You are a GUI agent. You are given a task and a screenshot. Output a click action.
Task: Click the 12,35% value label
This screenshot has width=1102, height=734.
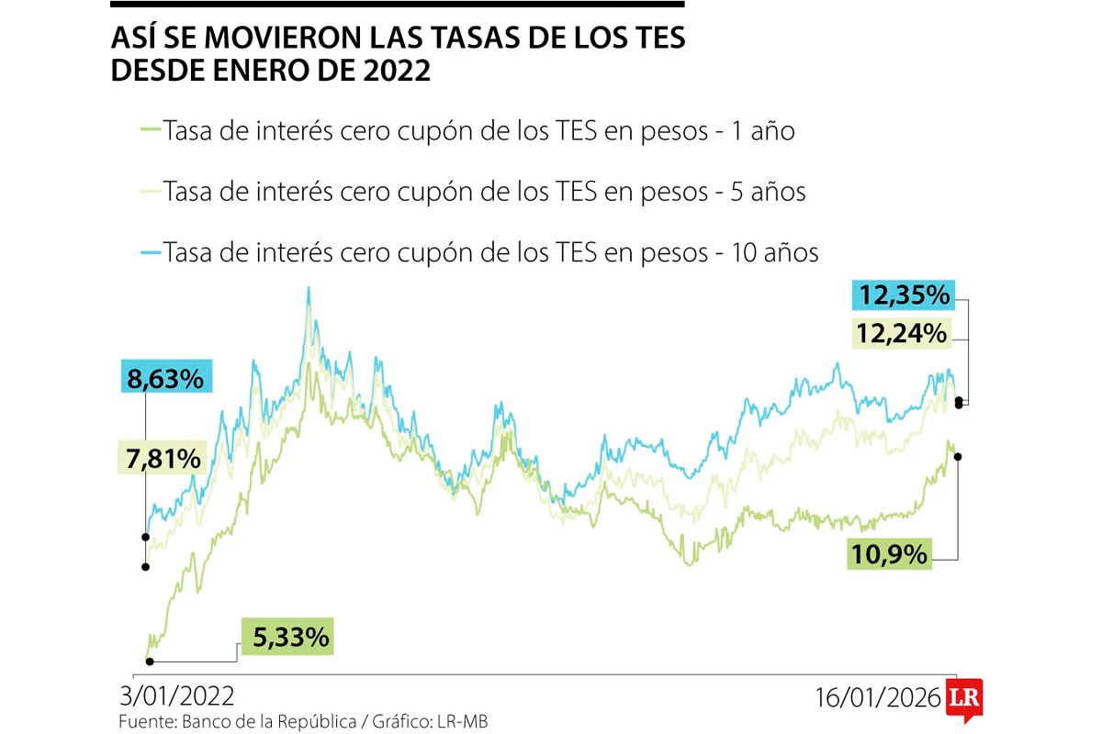[904, 295]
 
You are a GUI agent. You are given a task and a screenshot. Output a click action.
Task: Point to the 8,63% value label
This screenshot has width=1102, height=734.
[166, 377]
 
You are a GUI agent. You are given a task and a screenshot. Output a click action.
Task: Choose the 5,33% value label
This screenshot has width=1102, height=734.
[287, 636]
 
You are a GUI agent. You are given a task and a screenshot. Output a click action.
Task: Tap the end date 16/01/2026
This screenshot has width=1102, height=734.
[878, 697]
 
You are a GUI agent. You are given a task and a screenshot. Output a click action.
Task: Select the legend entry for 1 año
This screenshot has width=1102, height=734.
[478, 131]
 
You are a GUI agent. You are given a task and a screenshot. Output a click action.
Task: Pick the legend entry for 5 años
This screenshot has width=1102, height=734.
[484, 192]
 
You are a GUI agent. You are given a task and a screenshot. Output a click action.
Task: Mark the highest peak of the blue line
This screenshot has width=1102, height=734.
[309, 288]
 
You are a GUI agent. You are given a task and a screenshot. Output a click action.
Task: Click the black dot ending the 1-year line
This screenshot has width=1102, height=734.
[958, 456]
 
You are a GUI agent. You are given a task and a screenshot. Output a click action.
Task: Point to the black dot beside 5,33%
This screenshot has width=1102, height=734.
[150, 661]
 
